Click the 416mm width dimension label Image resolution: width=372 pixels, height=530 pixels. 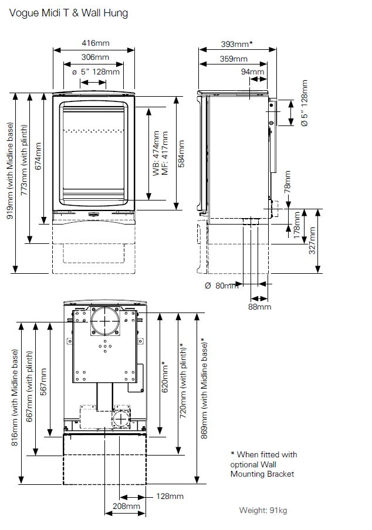(95, 43)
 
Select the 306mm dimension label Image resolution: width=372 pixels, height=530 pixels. (95, 57)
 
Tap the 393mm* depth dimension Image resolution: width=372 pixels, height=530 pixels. (237, 44)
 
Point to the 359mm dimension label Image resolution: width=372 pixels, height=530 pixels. (234, 59)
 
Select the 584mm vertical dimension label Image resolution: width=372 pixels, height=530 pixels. (181, 152)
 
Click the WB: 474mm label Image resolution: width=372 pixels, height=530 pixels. (155, 152)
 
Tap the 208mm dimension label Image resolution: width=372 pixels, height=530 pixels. (126, 506)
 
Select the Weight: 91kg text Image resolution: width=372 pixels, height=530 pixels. (263, 511)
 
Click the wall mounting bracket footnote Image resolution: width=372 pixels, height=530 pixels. (263, 464)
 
